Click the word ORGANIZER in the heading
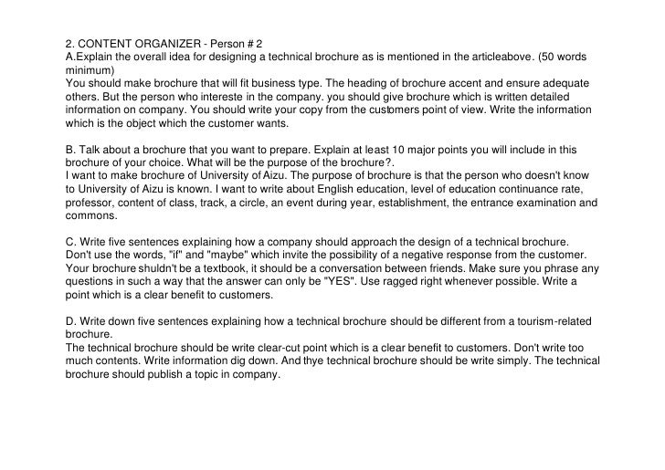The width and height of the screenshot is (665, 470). [170, 42]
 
